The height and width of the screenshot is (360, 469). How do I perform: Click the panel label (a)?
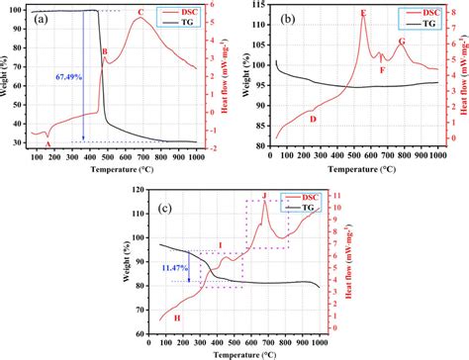tap(42, 19)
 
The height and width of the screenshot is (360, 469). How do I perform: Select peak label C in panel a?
tap(140, 12)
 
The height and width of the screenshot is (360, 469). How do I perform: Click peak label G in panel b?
tap(402, 42)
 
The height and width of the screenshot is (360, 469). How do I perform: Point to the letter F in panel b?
tap(382, 69)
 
